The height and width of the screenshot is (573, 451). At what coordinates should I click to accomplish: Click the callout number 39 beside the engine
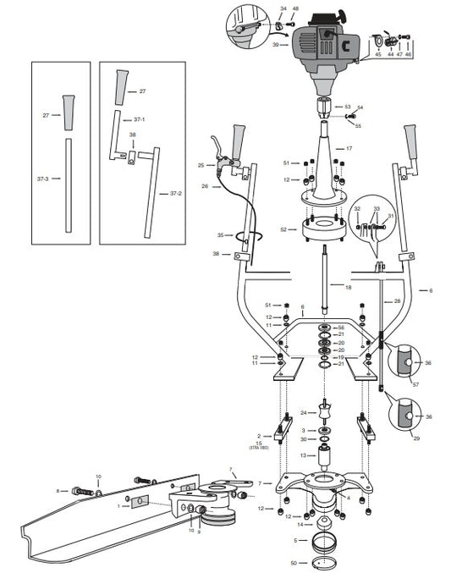[276, 44]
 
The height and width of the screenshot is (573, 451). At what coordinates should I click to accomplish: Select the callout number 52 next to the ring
[285, 229]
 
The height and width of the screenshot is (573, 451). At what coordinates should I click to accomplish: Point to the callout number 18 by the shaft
[346, 288]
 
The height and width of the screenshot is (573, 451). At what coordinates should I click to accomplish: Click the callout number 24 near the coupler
[304, 412]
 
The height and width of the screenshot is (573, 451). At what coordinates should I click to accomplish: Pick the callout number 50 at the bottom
[294, 562]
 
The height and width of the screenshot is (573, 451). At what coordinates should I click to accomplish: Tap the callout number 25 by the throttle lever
[201, 164]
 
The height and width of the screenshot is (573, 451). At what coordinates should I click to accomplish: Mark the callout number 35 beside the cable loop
[221, 234]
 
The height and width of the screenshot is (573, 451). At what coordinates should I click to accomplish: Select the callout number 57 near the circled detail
[415, 384]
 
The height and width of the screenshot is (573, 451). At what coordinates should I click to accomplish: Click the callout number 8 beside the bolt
[58, 490]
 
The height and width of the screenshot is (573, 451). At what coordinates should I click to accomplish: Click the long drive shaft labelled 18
[326, 279]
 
